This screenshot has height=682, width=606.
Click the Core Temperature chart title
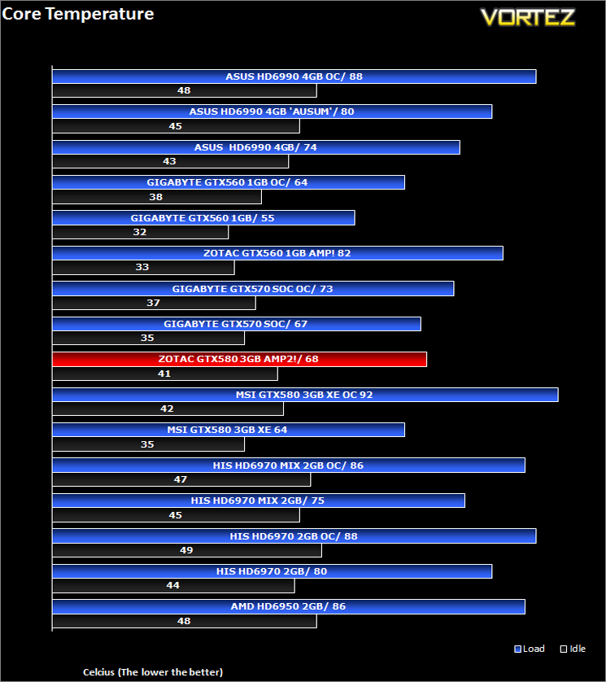click(x=78, y=14)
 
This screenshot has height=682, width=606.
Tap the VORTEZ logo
click(x=528, y=17)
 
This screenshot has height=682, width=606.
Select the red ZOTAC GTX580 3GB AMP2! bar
click(x=239, y=359)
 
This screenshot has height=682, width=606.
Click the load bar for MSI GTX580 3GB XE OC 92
click(x=305, y=395)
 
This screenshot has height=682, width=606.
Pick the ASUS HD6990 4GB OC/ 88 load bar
click(x=294, y=77)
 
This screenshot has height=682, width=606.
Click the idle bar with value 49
click(x=186, y=550)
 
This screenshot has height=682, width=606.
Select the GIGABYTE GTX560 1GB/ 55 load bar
click(x=203, y=218)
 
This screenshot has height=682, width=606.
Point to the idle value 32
click(x=140, y=232)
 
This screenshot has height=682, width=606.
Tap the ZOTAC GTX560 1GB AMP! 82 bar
click(x=277, y=253)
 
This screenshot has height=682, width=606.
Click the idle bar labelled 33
click(x=143, y=267)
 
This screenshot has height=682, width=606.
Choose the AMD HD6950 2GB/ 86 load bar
click(x=289, y=606)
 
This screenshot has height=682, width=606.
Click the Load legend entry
click(x=530, y=649)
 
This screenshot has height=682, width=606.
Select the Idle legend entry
click(x=573, y=649)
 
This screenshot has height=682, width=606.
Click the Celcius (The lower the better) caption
click(x=153, y=672)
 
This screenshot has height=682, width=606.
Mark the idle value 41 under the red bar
click(x=164, y=374)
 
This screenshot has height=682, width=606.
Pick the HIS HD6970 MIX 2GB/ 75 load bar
click(x=259, y=501)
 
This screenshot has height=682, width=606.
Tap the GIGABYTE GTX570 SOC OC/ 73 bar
click(x=253, y=289)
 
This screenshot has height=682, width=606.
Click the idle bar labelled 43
click(x=170, y=161)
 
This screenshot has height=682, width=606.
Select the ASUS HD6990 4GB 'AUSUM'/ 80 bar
click(x=272, y=111)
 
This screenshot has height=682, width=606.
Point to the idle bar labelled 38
click(x=156, y=197)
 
